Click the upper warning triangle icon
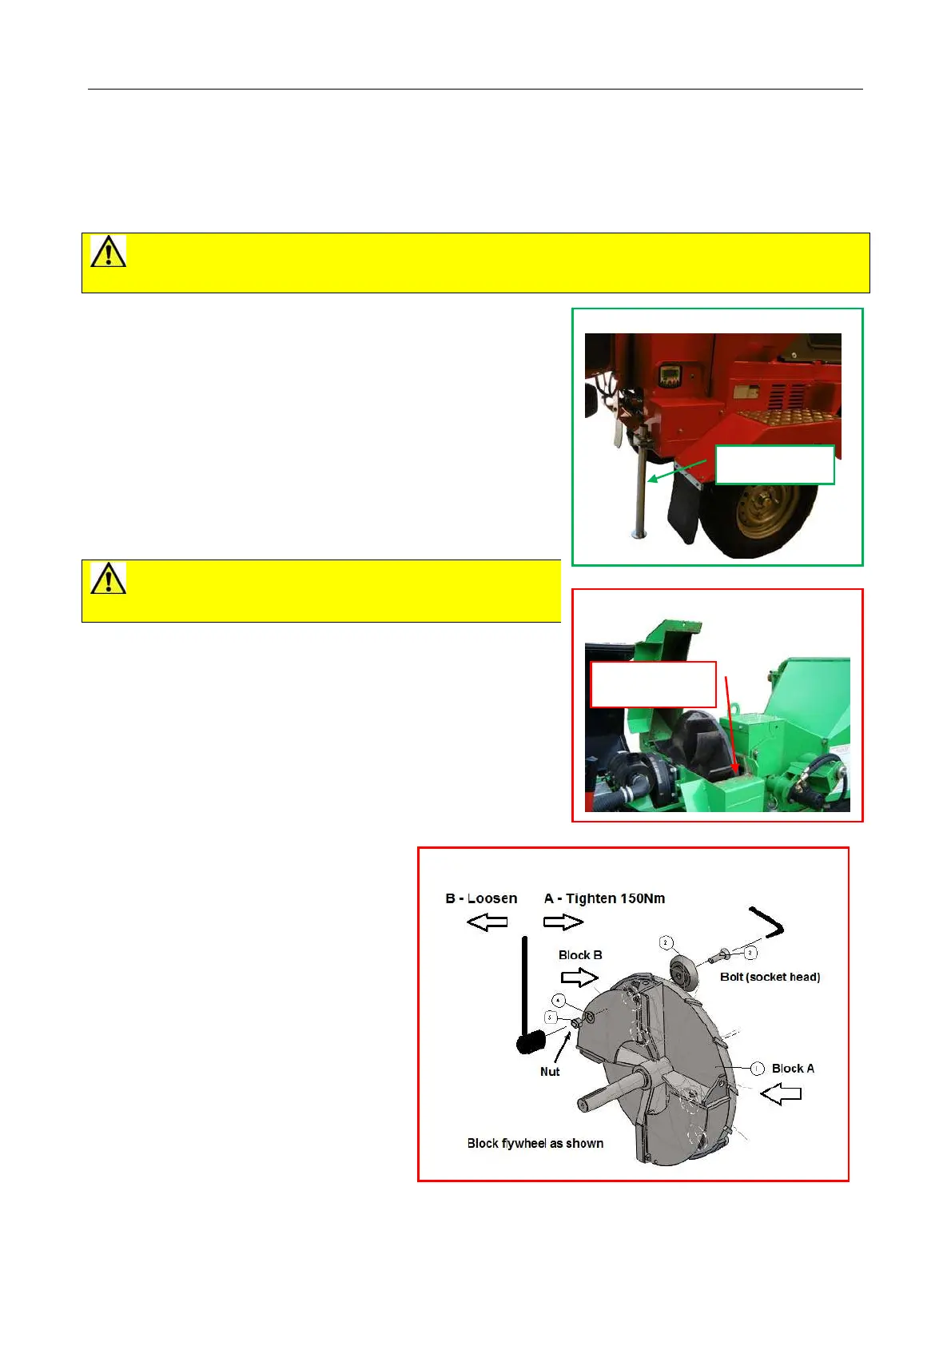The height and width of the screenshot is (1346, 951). [x=108, y=251]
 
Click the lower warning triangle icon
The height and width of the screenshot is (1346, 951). [x=108, y=578]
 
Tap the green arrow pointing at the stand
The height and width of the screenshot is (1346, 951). [x=677, y=471]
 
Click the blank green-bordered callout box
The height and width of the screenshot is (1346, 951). [x=774, y=464]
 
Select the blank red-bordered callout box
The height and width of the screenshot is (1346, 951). [x=653, y=684]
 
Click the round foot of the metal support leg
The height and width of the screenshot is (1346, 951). [x=639, y=535]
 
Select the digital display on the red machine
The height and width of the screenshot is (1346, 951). [x=667, y=376]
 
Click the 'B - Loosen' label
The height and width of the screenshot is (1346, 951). [x=481, y=898]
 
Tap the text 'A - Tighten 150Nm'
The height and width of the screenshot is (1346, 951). [x=604, y=898]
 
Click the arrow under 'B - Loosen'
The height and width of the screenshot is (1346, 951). [x=487, y=922]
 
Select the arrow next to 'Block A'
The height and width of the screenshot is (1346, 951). [x=781, y=1093]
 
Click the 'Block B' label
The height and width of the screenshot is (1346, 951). [x=580, y=955]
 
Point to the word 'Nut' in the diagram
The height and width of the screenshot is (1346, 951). [x=550, y=1072]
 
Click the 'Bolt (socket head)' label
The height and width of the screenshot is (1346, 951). [x=770, y=977]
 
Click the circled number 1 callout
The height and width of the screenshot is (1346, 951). [x=757, y=1069]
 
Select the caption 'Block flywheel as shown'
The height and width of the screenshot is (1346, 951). [x=535, y=1143]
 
